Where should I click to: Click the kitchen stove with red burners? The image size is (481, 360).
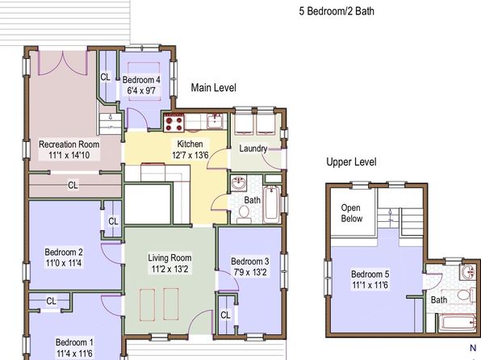(174, 123)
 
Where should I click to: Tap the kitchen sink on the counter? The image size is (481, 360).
(216, 120)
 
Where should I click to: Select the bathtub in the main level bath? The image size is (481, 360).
(271, 203)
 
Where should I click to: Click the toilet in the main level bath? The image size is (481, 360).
(245, 214)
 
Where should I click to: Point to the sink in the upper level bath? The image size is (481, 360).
(468, 271)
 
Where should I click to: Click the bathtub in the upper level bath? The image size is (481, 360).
(457, 323)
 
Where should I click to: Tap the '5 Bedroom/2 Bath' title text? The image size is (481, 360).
(337, 11)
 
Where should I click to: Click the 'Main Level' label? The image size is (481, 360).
(214, 88)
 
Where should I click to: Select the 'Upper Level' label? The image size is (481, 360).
(351, 161)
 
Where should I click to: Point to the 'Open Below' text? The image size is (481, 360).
(352, 213)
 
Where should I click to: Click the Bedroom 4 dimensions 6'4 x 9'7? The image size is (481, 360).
(141, 91)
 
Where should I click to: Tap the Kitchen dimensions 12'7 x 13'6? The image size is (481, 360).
(190, 155)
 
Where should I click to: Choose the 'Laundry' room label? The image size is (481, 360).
(253, 149)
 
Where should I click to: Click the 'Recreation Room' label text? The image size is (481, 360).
(69, 144)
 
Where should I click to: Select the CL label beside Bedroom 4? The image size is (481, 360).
(105, 77)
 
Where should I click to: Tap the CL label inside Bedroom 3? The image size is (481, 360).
(225, 315)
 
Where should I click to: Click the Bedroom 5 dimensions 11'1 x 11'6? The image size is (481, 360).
(370, 285)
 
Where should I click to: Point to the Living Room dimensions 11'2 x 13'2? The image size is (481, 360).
(169, 269)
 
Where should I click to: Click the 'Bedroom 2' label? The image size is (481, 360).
(64, 253)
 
